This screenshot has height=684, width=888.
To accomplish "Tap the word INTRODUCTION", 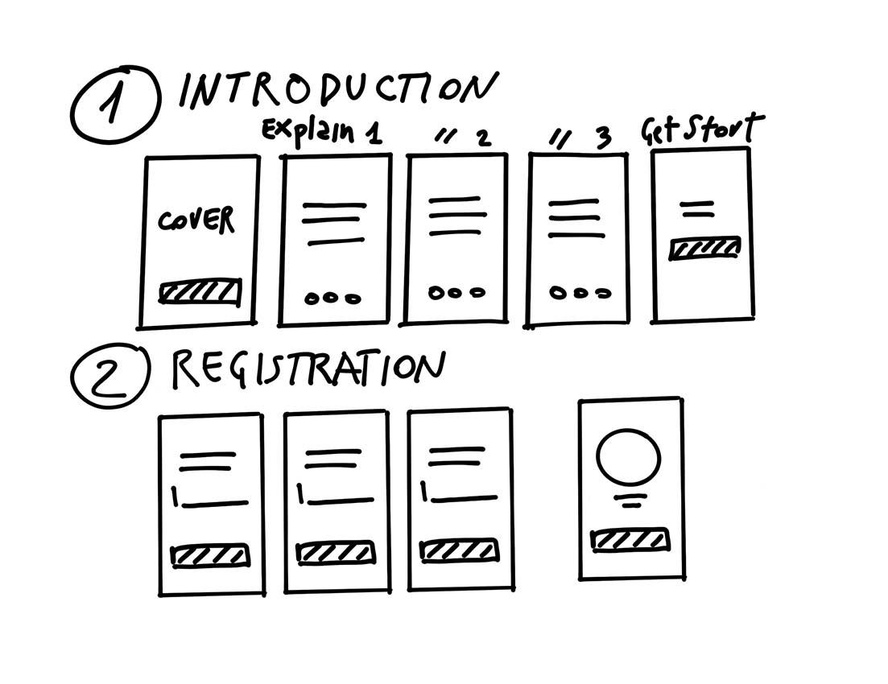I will tap(337, 91).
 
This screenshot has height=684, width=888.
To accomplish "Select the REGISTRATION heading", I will tap(308, 369).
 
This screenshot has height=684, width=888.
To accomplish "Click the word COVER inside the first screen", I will tap(196, 220).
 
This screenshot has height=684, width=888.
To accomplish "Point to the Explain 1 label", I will tap(320, 131).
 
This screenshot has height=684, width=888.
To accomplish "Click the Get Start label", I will tap(701, 129).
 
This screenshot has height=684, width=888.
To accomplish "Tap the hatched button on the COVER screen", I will tap(200, 291).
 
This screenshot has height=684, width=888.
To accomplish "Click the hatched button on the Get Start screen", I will tap(704, 249).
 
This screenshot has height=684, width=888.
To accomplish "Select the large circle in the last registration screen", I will tap(628, 456).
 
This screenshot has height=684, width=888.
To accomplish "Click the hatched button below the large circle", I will tap(630, 539).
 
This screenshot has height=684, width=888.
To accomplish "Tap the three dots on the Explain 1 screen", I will tap(332, 298).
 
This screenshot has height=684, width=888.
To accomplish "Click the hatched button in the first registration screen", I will tap(210, 555).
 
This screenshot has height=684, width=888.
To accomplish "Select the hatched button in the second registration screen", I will tap(335, 553).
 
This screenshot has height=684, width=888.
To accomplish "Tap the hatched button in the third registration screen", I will tap(459, 550).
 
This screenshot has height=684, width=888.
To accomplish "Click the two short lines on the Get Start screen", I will tap(697, 209).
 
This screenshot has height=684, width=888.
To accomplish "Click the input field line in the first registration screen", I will tap(213, 504).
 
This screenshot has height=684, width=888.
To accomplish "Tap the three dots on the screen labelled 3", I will tap(580, 294).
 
